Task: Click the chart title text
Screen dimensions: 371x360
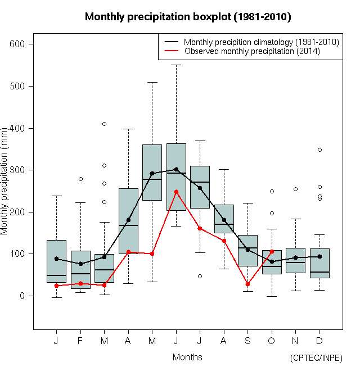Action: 188,17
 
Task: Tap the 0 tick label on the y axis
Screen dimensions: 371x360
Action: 24,296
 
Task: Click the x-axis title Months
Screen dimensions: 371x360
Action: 187,357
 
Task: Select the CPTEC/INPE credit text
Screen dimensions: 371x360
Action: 316,358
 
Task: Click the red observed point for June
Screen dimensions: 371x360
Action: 176,192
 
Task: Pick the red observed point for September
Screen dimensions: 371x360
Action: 247,284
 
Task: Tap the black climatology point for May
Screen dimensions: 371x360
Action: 152,174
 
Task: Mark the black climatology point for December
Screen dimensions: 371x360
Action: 319,256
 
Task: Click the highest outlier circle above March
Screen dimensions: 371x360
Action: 104,124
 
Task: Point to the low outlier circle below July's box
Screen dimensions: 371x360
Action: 200,276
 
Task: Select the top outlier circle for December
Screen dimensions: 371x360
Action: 319,150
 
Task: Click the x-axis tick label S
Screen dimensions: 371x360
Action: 247,341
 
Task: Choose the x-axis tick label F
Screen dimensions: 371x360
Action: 80,341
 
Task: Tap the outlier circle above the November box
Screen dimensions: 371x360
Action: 295,189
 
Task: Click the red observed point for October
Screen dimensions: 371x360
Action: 272,252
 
